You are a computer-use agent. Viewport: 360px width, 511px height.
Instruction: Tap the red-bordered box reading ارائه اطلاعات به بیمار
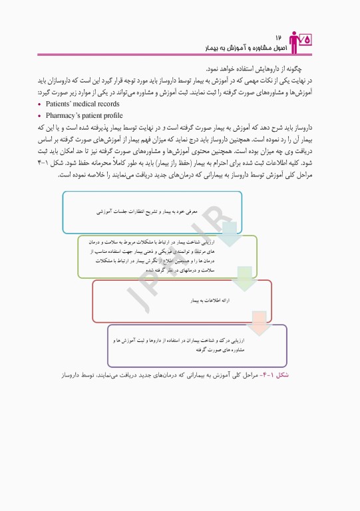[x=181, y=301]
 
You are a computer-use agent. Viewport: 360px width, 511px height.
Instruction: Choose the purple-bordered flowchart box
[x=197, y=345]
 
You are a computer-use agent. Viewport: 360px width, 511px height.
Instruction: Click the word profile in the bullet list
[x=109, y=114]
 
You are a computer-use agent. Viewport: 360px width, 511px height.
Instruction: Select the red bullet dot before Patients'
[x=41, y=105]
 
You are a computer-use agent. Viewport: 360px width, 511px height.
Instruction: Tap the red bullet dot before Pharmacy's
[x=41, y=115]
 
